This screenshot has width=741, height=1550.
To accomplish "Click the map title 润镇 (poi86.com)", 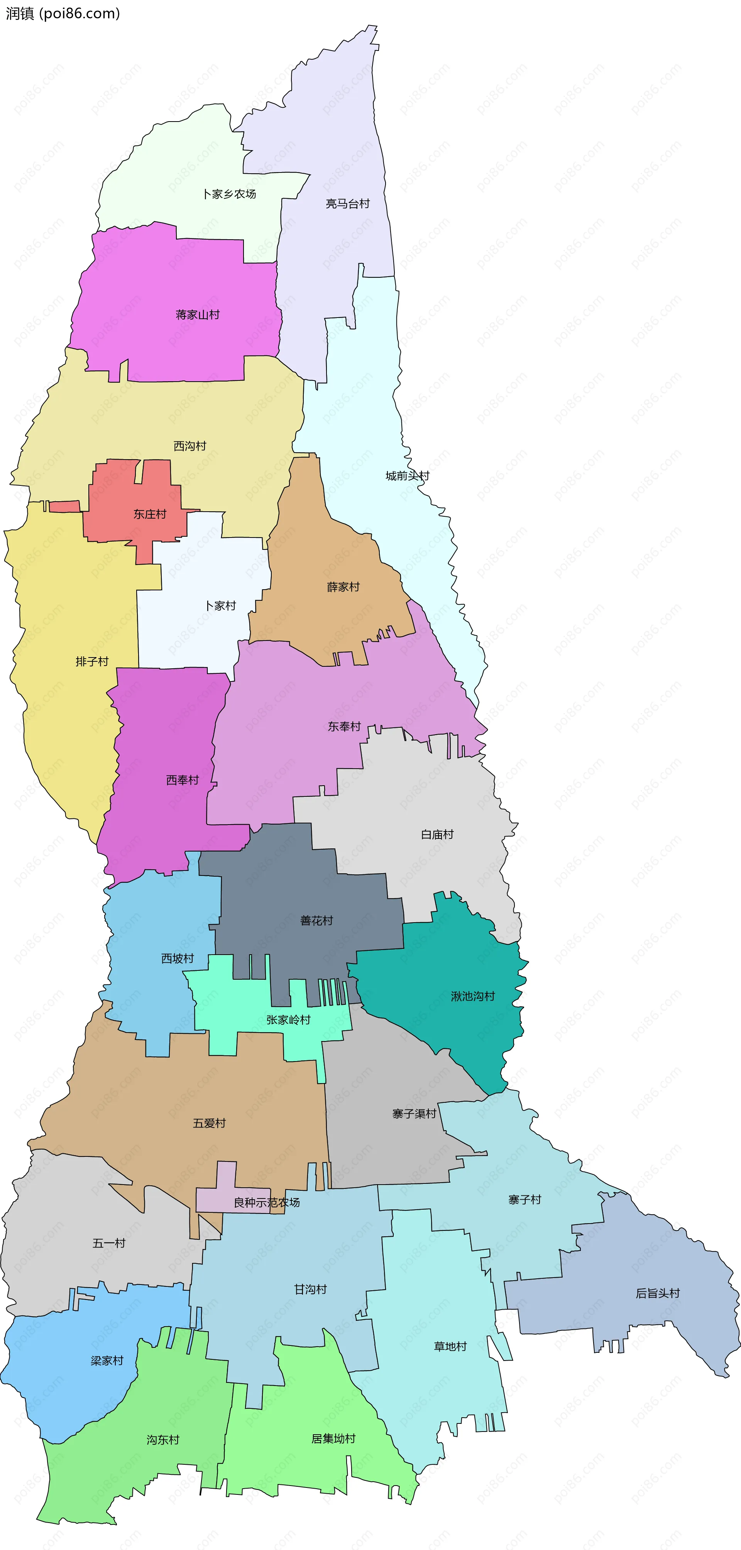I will click(63, 13).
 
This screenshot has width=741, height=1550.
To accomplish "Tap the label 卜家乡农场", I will click(229, 194).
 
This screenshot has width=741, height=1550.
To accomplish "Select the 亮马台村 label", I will click(347, 204).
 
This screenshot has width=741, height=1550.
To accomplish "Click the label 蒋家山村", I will click(198, 315).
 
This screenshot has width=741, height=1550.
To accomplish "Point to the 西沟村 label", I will click(189, 446).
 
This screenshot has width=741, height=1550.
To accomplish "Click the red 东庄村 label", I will click(149, 514).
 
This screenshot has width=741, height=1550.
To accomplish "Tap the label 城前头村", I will click(408, 476).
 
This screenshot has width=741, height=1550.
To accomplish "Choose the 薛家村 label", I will click(343, 587).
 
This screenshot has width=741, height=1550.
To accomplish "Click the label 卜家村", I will click(220, 605).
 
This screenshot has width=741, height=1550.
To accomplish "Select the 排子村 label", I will click(91, 661).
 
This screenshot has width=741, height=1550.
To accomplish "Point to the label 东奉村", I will click(344, 726).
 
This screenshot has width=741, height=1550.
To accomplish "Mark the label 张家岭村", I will click(288, 1019).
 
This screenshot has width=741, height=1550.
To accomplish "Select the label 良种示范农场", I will click(267, 1202).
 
